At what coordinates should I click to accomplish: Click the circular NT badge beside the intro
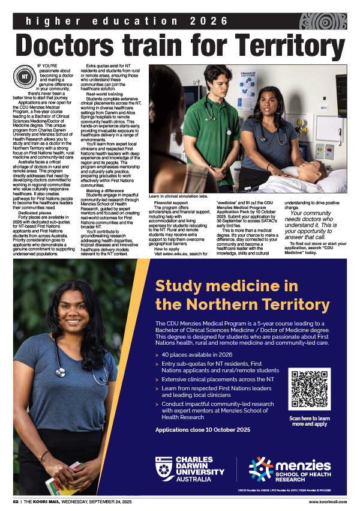[x=25, y=77]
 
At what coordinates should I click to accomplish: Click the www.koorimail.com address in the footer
[x=328, y=501]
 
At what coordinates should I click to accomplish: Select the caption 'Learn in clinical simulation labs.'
[x=178, y=196]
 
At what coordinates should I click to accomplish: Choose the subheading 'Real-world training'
[x=106, y=94]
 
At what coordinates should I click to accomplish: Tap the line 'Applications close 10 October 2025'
[x=203, y=430]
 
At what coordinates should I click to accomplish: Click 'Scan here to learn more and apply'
[x=309, y=420]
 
